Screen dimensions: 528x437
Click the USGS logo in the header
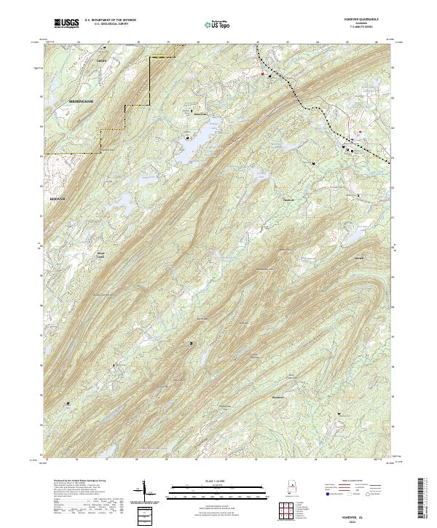click(66, 23)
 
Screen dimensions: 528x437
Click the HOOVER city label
click(57, 199)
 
